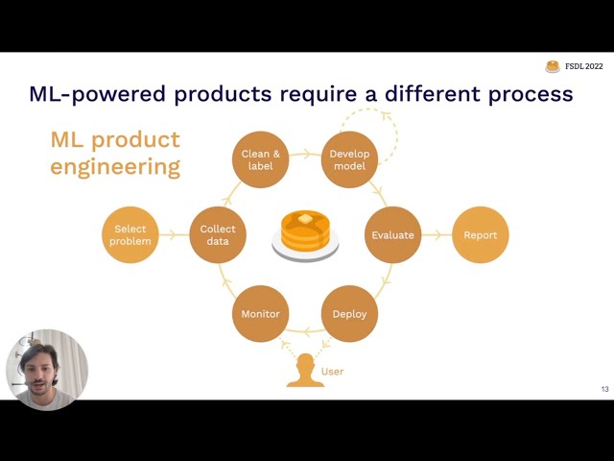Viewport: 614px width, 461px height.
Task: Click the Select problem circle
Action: pyautogui.click(x=130, y=234)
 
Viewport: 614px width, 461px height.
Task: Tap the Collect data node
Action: pyautogui.click(x=218, y=234)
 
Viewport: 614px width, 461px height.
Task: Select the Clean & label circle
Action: pyautogui.click(x=260, y=159)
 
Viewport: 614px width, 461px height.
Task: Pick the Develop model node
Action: pyautogui.click(x=349, y=159)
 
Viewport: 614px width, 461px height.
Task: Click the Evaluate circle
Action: pyautogui.click(x=393, y=234)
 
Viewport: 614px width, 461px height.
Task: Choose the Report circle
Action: pyautogui.click(x=480, y=234)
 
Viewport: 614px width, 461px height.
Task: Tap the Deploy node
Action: pyautogui.click(x=349, y=313)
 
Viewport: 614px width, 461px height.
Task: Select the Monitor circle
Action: pyautogui.click(x=260, y=313)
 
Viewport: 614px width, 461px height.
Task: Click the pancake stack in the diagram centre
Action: pyautogui.click(x=305, y=234)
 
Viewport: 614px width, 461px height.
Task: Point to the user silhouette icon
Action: pyautogui.click(x=305, y=371)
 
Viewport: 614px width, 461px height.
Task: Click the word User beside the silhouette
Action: pyautogui.click(x=332, y=372)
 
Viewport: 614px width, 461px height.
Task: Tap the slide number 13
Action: pyautogui.click(x=604, y=389)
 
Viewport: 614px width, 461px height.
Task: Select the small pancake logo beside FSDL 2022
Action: pyautogui.click(x=553, y=66)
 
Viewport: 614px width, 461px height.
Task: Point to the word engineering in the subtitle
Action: pyautogui.click(x=115, y=166)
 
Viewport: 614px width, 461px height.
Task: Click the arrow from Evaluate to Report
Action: pyautogui.click(x=437, y=234)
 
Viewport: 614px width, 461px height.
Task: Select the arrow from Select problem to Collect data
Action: pyautogui.click(x=174, y=234)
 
